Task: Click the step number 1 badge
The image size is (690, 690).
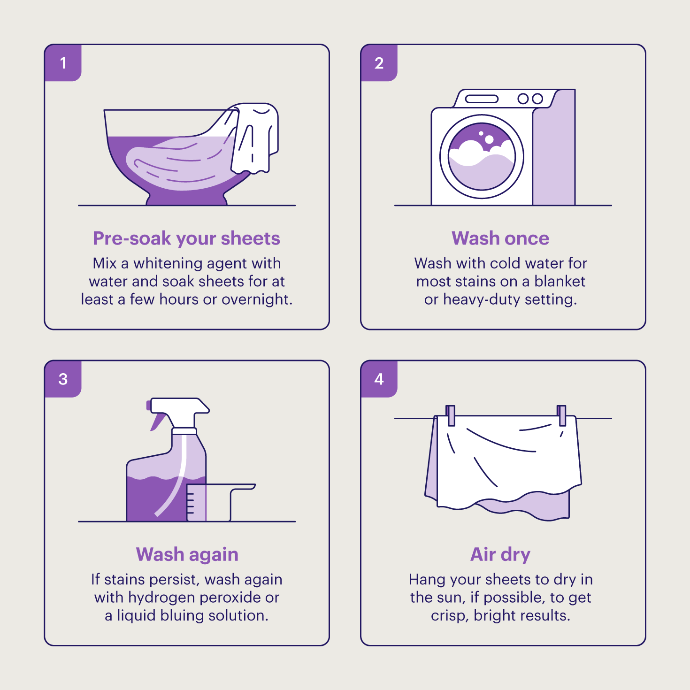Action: [63, 63]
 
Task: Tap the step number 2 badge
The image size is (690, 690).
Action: [379, 63]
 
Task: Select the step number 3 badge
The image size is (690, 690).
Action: [63, 379]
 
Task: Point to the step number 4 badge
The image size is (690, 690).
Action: [379, 379]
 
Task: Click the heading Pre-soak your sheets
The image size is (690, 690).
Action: [186, 239]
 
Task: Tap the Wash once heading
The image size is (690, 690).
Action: [500, 238]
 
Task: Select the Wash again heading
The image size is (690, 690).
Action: [187, 555]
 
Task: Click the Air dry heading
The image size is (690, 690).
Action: [500, 555]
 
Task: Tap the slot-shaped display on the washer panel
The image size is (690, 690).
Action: [482, 99]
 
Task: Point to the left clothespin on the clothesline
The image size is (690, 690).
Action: [451, 415]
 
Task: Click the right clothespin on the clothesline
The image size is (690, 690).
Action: [561, 415]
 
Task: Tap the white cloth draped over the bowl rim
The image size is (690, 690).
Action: [254, 138]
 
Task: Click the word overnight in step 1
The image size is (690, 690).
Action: [257, 300]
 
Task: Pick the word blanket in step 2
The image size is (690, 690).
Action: [560, 282]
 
